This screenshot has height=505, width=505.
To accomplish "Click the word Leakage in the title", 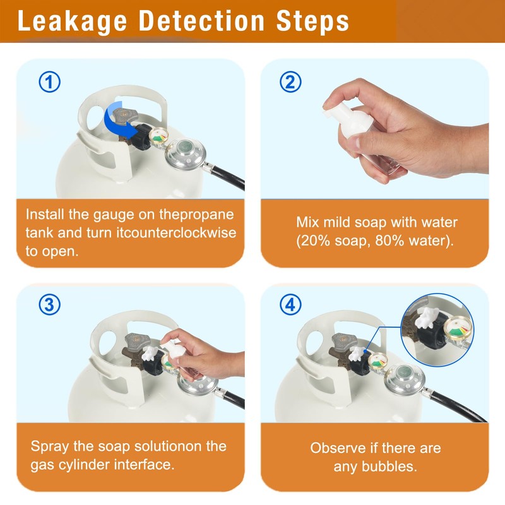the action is pos(73,21).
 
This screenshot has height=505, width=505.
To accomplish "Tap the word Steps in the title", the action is pos(312,21).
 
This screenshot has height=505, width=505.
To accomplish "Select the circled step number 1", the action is pos(50,82).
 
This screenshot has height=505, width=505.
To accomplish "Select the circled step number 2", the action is pos(290,82).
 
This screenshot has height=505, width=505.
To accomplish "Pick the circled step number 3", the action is pos(50,305).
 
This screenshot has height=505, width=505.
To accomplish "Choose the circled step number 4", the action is pos(290,305).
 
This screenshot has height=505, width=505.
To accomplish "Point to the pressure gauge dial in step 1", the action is pos(159,136).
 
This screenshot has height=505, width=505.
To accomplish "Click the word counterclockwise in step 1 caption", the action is pos(176,232).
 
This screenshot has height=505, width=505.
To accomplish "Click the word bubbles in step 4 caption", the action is pos(389,466).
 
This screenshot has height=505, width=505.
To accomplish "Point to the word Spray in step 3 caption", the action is pos(50,447).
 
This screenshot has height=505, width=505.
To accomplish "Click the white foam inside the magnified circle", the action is pos(427,318).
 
